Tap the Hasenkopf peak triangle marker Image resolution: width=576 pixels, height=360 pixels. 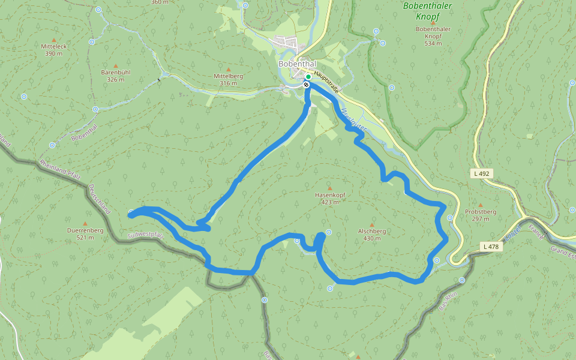click(x=329, y=188)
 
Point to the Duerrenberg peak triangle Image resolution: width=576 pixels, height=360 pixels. click(x=85, y=223)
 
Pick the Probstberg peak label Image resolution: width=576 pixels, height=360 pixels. click(x=480, y=212)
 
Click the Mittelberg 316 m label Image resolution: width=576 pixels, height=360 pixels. click(x=228, y=80)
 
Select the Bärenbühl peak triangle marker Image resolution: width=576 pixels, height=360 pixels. click(x=116, y=65)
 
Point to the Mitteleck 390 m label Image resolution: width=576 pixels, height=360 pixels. click(x=53, y=50)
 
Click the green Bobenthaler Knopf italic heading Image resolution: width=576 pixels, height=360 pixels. click(x=427, y=7)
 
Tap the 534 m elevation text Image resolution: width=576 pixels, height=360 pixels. click(x=433, y=43)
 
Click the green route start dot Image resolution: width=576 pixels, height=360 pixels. click(x=308, y=77)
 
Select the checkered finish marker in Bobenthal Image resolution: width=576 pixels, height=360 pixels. click(x=307, y=85)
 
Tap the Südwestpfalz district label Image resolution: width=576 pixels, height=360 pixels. click(x=145, y=234)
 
